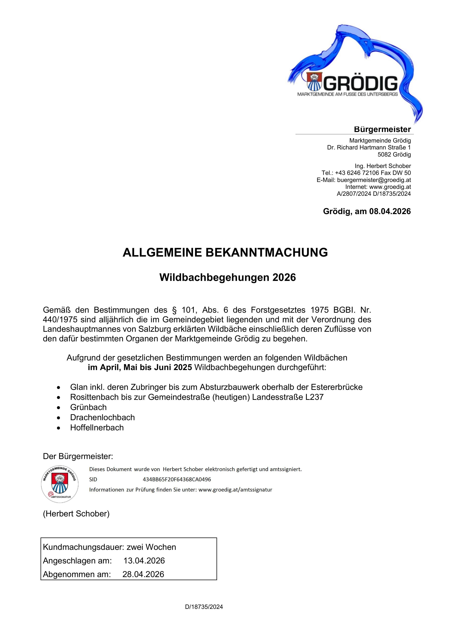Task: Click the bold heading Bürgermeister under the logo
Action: pyautogui.click(x=382, y=129)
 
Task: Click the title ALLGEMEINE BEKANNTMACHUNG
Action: pyautogui.click(x=225, y=252)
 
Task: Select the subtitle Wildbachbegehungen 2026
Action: pyautogui.click(x=227, y=277)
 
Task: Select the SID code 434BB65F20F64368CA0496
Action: pyautogui.click(x=177, y=479)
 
